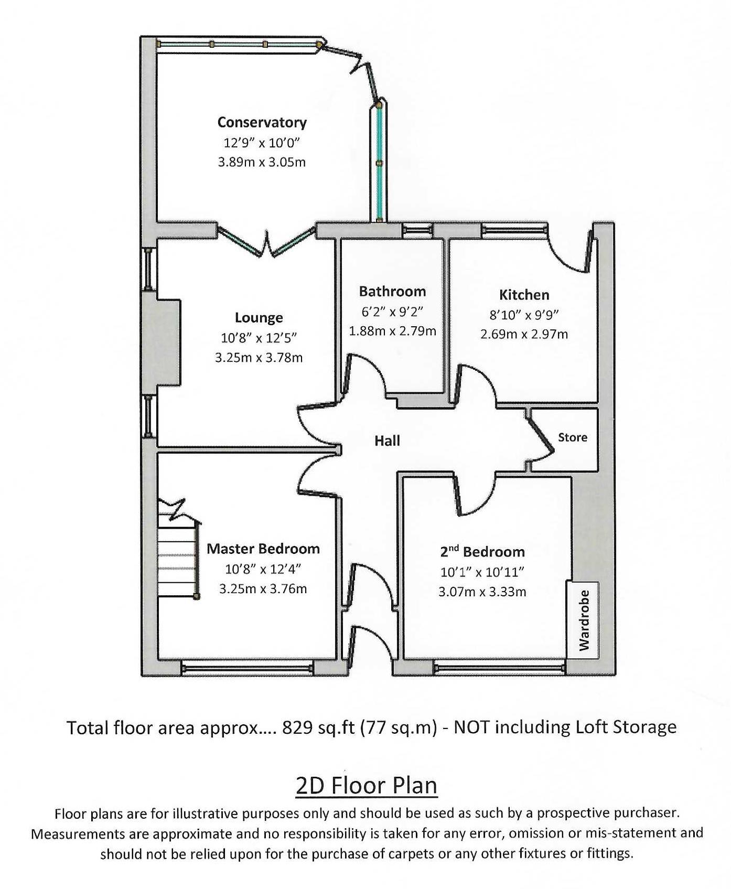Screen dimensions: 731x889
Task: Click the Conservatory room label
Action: tap(262, 123)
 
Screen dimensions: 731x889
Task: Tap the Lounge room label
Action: tap(259, 318)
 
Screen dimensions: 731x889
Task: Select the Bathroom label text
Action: tap(392, 292)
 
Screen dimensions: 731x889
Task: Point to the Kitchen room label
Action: tap(524, 295)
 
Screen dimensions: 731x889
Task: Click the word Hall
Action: tap(387, 441)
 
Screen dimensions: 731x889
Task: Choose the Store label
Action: tap(572, 437)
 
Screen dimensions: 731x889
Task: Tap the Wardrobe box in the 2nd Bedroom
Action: tap(583, 620)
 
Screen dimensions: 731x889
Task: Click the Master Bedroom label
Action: tap(263, 549)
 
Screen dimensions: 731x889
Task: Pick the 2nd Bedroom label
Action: tap(482, 552)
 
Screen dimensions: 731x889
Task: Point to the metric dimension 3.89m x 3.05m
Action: tap(262, 162)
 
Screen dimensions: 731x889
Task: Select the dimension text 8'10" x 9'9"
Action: tap(524, 315)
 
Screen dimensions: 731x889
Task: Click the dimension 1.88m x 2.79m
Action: tap(392, 331)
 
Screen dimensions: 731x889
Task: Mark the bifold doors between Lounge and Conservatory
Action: tap(266, 242)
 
